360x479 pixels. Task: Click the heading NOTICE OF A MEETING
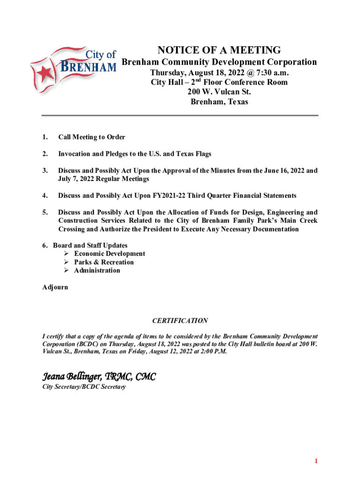(x=219, y=50)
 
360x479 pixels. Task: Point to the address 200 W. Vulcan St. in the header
(x=219, y=92)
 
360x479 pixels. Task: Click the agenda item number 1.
(x=44, y=137)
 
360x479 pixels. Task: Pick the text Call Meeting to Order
(x=92, y=137)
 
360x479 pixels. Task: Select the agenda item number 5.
(x=44, y=212)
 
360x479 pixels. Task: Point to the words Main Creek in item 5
(x=300, y=221)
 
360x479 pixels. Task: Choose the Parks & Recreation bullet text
(x=104, y=262)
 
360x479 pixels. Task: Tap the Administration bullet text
(x=97, y=271)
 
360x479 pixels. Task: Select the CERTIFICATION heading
(x=180, y=321)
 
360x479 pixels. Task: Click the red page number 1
(x=316, y=461)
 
